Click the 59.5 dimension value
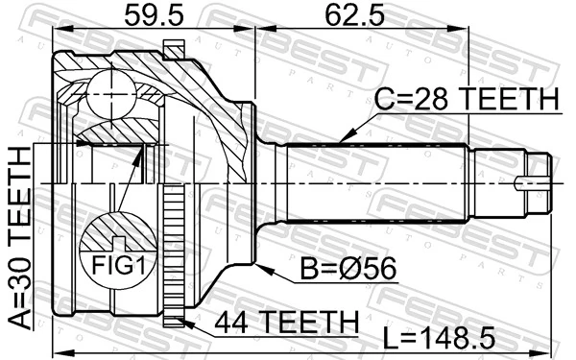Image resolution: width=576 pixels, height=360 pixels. click(145, 16)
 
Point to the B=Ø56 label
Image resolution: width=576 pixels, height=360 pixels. click(331, 271)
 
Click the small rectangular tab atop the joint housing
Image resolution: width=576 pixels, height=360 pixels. click(173, 47)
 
